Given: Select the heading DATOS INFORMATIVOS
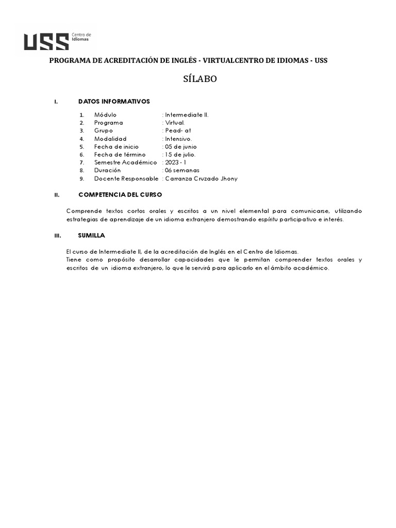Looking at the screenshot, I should point(113,101).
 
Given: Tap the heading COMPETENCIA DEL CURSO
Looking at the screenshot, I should point(120,195).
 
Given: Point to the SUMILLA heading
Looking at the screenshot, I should point(91,235).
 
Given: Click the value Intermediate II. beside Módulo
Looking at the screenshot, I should point(187,114).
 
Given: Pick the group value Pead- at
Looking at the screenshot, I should point(178,131).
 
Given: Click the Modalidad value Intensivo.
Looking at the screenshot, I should point(178,139).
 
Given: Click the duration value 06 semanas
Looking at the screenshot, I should point(182,170).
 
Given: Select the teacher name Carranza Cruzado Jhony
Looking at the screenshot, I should point(201,178).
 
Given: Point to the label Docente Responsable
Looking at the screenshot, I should point(126,178).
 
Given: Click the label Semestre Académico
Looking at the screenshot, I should point(125,162).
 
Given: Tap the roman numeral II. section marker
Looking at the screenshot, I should point(57,195).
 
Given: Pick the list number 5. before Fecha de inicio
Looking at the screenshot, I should point(81,147).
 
